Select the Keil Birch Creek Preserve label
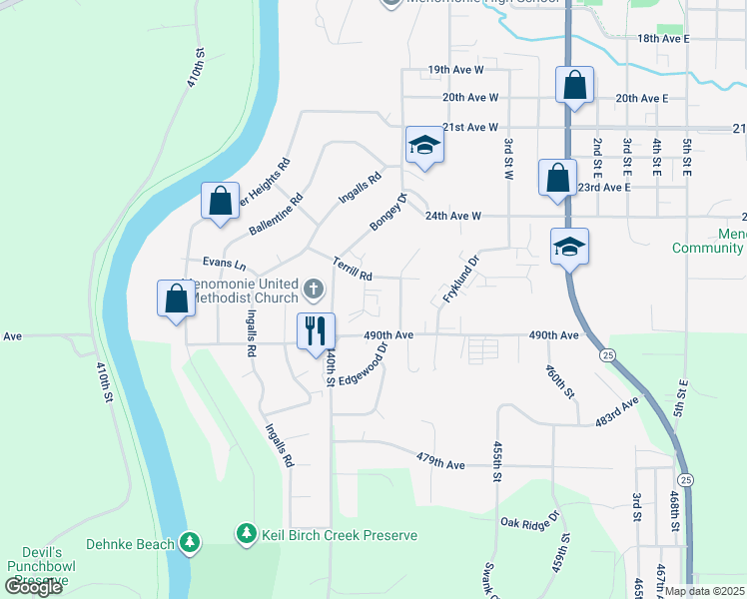339,535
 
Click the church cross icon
314,290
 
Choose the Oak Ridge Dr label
530,522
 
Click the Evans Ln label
224,264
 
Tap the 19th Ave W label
455,70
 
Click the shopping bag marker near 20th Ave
574,85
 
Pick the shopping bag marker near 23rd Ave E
557,178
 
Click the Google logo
33,586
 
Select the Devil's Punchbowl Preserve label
35,567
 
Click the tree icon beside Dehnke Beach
189,542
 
